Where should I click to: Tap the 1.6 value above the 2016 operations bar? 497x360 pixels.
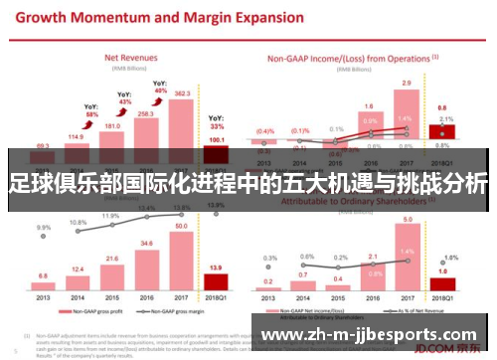point(368,105)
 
